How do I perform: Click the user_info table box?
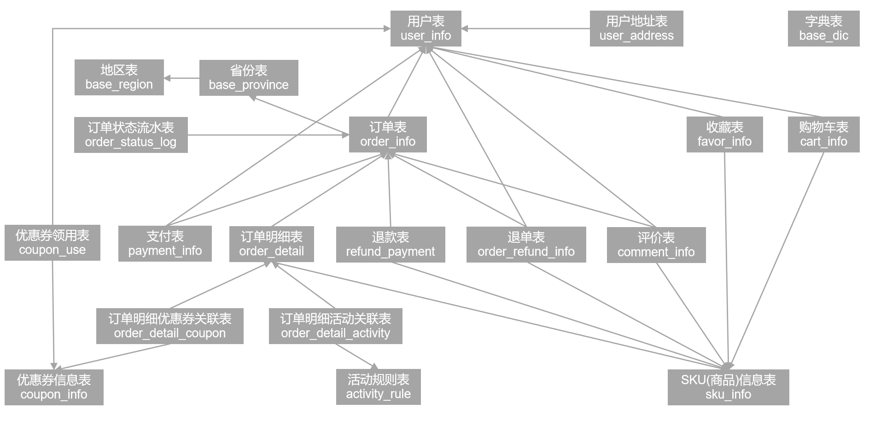tap(426, 29)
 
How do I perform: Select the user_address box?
tap(636, 29)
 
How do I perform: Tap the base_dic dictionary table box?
tap(823, 29)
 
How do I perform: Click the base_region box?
tap(119, 77)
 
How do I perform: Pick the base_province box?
tap(249, 78)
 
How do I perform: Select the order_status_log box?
tap(131, 135)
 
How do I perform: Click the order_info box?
tap(388, 134)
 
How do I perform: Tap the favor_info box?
tap(724, 134)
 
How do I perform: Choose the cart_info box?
tap(823, 134)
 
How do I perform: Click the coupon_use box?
tap(52, 243)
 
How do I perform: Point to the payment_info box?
tap(165, 244)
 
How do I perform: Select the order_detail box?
tap(271, 244)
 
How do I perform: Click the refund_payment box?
tap(391, 245)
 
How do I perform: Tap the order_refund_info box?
tap(526, 245)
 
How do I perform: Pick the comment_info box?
tap(656, 245)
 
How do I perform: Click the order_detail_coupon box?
tap(169, 326)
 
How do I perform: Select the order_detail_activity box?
tap(335, 326)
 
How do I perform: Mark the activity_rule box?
tap(378, 387)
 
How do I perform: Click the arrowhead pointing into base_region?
tap(167, 78)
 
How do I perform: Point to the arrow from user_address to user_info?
tap(525, 29)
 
